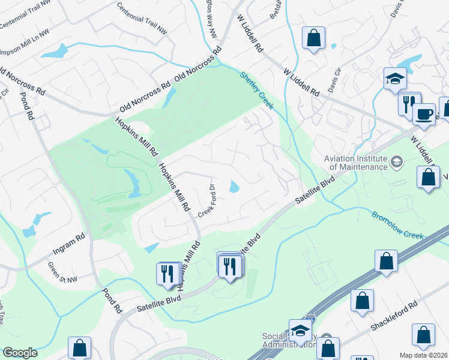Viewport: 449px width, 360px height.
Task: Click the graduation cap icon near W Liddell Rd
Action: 395,78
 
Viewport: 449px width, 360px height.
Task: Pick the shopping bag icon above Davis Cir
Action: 313,38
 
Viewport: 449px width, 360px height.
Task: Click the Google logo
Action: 20,353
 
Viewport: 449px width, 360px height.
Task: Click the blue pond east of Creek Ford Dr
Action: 234,188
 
